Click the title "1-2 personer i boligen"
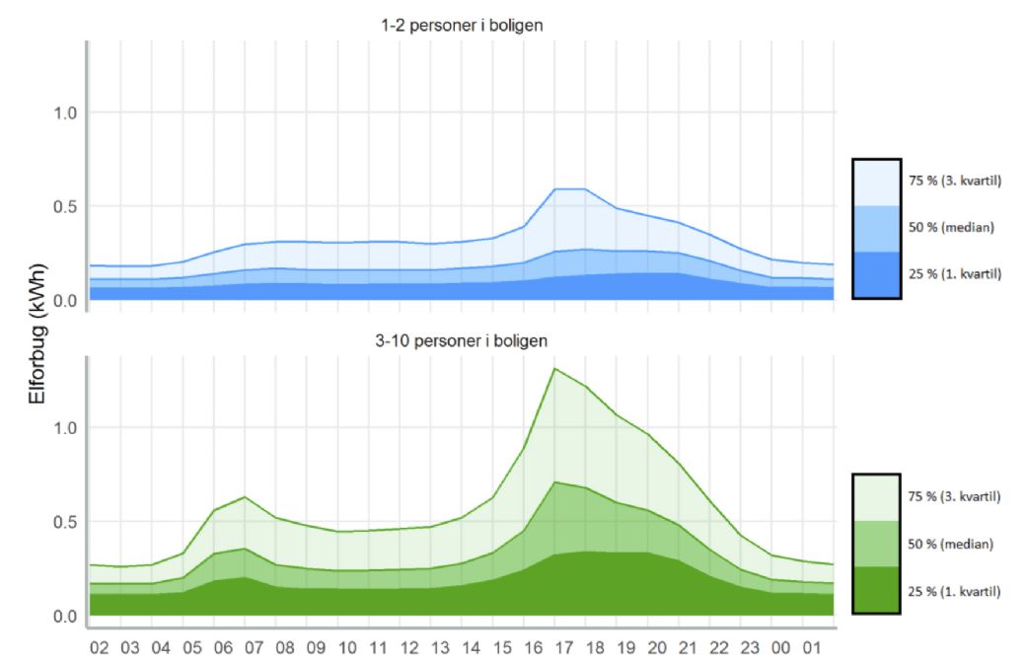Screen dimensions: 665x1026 [463, 26]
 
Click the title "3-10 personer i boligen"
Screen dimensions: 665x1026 [463, 340]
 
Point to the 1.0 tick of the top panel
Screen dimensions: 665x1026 [64, 112]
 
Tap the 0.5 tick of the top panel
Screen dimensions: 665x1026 [64, 206]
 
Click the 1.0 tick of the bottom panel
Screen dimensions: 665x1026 [64, 427]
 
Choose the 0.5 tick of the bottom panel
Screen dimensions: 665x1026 [64, 521]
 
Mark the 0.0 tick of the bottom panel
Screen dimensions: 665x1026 [64, 616]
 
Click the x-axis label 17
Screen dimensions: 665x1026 [563, 647]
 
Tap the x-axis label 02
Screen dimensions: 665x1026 [99, 647]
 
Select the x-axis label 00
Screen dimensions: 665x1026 [780, 647]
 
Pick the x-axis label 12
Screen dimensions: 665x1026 [408, 647]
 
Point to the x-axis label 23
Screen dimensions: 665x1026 [750, 647]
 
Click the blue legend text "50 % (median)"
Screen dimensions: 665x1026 [949, 228]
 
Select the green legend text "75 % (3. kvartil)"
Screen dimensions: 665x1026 [954, 496]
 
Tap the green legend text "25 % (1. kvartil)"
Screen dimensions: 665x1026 [954, 591]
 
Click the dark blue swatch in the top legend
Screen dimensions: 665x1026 [876, 274]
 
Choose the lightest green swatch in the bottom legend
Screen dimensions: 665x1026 [876, 496]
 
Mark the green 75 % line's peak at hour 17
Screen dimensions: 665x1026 [555, 368]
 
